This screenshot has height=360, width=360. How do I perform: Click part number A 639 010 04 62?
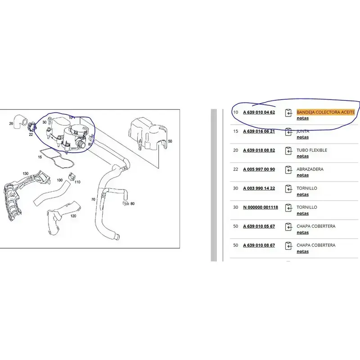coord(259,112)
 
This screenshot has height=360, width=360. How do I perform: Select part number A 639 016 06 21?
coord(259,131)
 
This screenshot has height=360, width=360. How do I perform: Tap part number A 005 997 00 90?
coord(259,169)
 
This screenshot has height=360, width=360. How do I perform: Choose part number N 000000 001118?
coord(261,207)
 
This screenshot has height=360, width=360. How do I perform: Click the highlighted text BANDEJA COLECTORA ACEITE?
coord(325,112)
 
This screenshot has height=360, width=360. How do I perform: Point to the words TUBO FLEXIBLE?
coord(312,150)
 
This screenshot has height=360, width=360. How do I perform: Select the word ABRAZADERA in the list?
coord(310,169)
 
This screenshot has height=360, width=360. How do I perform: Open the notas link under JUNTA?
coord(302,137)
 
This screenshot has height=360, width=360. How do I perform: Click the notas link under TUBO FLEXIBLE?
coord(302,156)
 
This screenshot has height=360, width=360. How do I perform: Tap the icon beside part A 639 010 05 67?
coord(288,227)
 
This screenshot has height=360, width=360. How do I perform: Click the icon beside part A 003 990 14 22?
coord(288,189)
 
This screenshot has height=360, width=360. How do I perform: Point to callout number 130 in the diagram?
coord(26,174)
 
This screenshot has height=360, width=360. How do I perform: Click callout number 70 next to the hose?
coord(93,199)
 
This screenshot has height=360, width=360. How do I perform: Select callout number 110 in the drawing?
coord(77,182)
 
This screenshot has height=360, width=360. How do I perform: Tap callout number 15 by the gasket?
coord(40,157)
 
